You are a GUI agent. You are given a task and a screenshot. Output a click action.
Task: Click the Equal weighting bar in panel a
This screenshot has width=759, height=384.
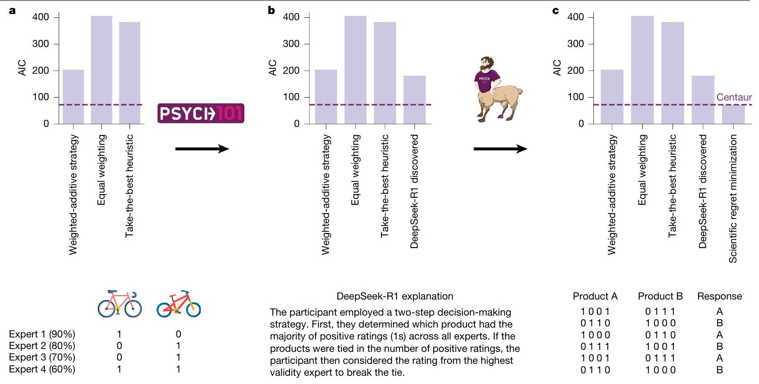tap(101, 70)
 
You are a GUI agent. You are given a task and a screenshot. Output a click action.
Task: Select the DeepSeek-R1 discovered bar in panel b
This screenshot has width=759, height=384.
tap(414, 99)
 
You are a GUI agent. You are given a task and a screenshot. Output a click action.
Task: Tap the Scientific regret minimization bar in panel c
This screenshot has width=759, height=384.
tap(733, 114)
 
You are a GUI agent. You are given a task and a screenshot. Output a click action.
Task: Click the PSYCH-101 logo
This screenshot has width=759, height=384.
tap(201, 113)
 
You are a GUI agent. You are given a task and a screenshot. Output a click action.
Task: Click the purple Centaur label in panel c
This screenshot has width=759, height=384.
tap(734, 97)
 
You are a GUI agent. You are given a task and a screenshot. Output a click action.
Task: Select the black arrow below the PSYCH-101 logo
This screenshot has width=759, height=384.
tap(202, 149)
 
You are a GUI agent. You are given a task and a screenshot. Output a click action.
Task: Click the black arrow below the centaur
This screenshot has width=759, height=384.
tap(500, 149)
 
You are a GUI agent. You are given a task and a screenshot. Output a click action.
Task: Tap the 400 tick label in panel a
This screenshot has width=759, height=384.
tap(40, 17)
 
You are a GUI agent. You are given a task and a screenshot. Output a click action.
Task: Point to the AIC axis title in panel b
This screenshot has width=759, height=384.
tap(272, 68)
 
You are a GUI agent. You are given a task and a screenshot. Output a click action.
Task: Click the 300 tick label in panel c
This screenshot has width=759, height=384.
tap(575, 44)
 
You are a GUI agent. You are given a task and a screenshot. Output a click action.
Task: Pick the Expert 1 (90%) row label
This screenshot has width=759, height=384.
tap(42, 334)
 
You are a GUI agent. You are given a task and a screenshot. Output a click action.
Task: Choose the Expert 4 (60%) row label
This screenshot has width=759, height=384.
tap(42, 369)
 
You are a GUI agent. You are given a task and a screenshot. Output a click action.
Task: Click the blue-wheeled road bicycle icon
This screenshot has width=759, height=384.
tap(120, 304)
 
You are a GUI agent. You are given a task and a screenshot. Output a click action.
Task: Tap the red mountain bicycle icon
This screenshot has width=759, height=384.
tap(179, 304)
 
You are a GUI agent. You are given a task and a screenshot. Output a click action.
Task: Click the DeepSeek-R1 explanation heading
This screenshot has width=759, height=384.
tap(395, 296)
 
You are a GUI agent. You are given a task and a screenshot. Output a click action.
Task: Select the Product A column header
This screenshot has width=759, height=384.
tap(595, 296)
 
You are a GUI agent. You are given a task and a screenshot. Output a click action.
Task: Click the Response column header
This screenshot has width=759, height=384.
tap(719, 296)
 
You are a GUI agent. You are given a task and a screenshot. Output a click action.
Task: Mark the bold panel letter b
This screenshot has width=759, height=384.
tap(271, 10)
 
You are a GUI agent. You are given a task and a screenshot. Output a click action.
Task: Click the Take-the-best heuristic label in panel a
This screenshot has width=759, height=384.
tap(130, 186)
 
